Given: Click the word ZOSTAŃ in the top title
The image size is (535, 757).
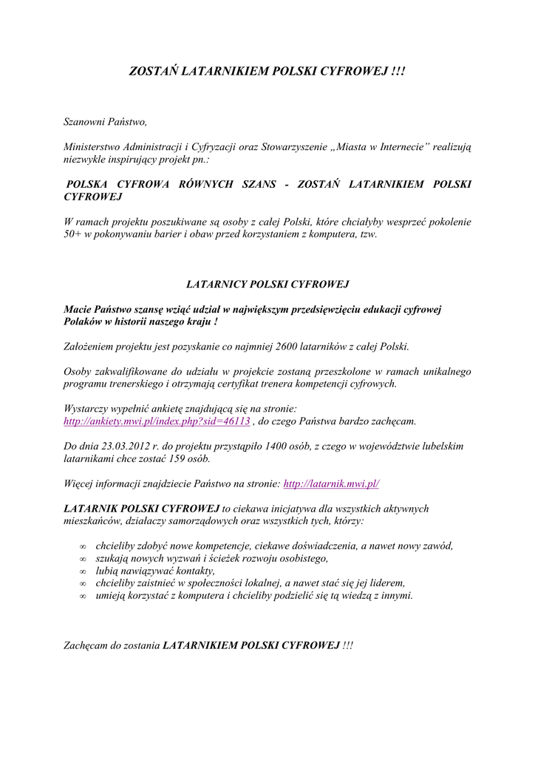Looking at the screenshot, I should pos(154,72).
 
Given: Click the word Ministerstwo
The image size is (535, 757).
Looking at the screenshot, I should pos(92,147).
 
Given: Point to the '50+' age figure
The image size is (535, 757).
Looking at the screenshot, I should pos(73,234).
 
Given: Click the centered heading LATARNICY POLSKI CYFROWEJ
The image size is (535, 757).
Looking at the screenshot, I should pos(267,284).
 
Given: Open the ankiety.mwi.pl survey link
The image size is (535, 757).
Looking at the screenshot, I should pos(157,421).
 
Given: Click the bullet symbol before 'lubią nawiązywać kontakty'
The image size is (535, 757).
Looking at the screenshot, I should pos(84,571).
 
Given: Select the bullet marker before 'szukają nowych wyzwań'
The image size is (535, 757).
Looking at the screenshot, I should pos(84,559).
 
